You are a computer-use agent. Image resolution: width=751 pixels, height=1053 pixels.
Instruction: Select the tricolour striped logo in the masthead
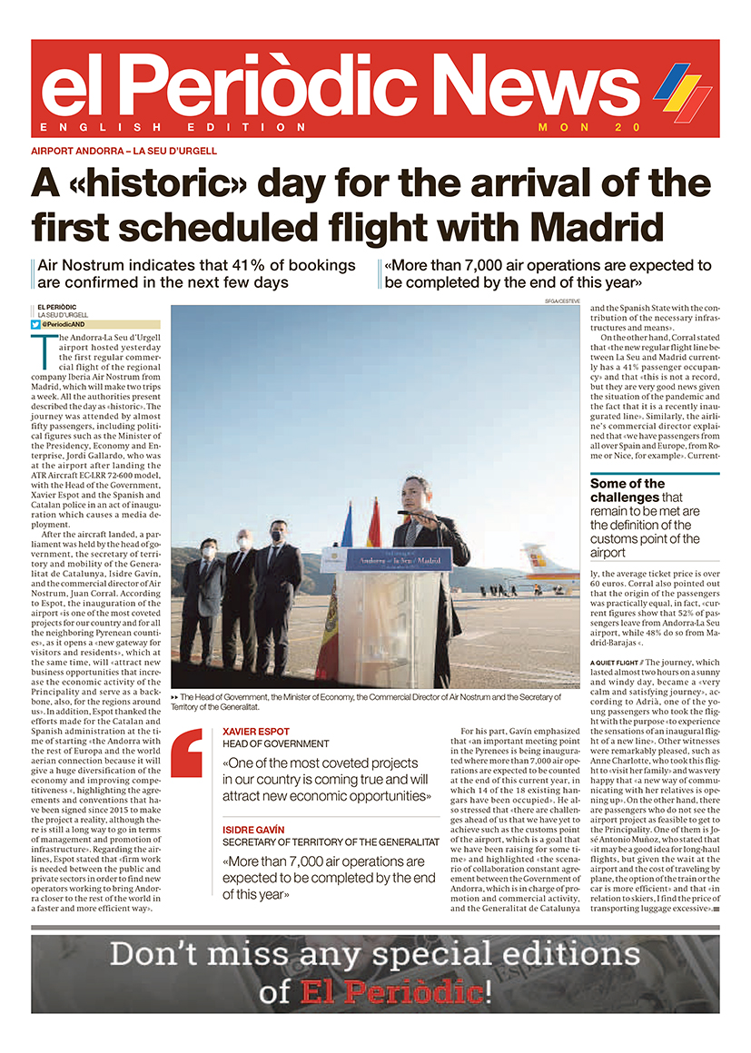(x=682, y=91)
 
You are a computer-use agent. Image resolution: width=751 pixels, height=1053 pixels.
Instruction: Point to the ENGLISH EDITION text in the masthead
(x=173, y=127)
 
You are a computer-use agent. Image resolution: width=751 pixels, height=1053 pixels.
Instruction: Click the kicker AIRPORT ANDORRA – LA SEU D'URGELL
(x=124, y=152)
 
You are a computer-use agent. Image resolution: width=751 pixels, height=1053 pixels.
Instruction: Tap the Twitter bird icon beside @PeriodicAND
(x=36, y=324)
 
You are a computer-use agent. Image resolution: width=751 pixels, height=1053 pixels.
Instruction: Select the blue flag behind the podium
(x=347, y=526)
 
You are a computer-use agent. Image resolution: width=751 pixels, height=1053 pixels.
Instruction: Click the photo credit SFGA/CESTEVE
(x=562, y=300)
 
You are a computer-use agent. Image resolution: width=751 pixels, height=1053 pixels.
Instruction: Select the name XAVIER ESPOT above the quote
(x=251, y=731)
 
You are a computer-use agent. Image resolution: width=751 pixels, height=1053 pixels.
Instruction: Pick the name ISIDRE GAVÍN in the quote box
(x=253, y=830)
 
